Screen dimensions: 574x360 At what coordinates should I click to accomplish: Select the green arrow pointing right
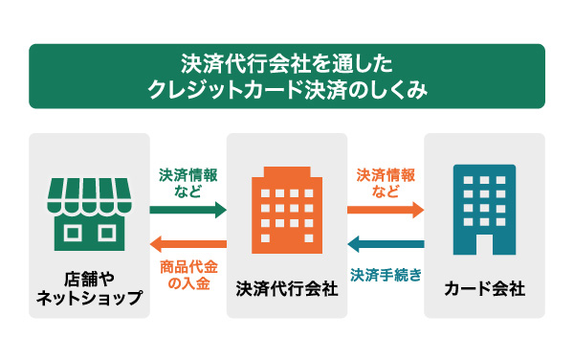[188, 210]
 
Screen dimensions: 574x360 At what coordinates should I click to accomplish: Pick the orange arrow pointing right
[386, 210]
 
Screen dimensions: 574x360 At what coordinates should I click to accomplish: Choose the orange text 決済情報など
[386, 184]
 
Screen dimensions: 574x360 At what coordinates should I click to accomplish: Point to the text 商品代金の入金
[188, 272]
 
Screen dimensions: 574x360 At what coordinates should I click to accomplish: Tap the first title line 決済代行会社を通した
[287, 65]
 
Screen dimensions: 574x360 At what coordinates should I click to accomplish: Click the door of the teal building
[484, 245]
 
